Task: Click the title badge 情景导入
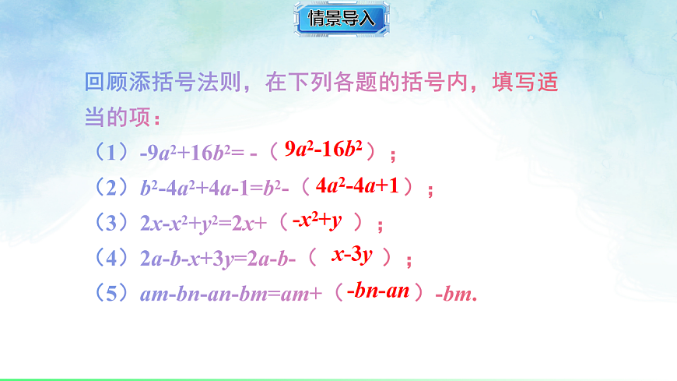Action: pos(341,19)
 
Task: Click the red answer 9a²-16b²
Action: pos(324,150)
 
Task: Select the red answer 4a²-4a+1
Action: pos(358,186)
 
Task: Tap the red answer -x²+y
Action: pos(317,221)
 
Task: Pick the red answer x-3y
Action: pos(352,255)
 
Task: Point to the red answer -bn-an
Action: pos(378,291)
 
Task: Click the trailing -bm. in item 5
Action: pos(455,294)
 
